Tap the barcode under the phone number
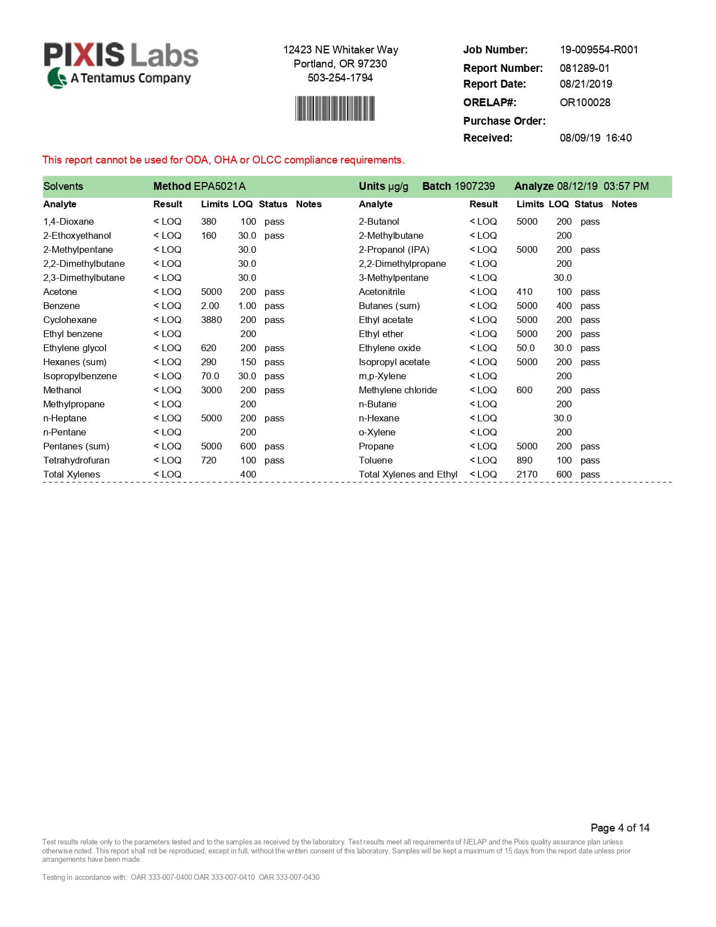coord(335,108)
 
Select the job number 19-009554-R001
coord(599,49)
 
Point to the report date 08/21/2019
coord(586,84)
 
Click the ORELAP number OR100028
coord(585,102)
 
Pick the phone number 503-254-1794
coord(340,78)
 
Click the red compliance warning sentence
coord(223,160)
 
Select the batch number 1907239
coord(475,186)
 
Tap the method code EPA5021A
coord(219,186)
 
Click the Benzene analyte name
coord(61,306)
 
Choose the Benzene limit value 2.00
coord(210,306)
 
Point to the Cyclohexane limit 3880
coord(211,320)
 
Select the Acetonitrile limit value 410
coord(524,292)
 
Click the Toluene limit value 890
coord(524,460)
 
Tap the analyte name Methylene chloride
coord(398,390)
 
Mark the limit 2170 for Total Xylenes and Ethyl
coord(527,474)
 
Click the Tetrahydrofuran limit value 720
coord(208,460)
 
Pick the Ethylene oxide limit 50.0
coord(526,348)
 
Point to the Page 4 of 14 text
coord(619,828)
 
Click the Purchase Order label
coord(504,121)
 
